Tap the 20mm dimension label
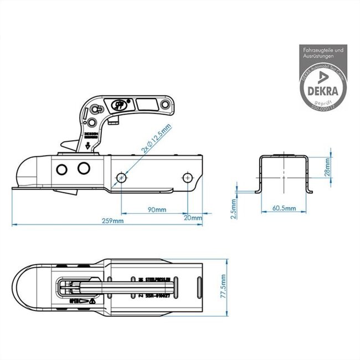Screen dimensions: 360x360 193,218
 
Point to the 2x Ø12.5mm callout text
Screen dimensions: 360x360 157,139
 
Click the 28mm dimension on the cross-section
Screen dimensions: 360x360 328,165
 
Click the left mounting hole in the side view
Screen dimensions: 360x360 121,177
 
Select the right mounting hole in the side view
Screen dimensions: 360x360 188,177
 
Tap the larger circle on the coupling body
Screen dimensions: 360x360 85,167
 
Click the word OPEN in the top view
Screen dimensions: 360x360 74,301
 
